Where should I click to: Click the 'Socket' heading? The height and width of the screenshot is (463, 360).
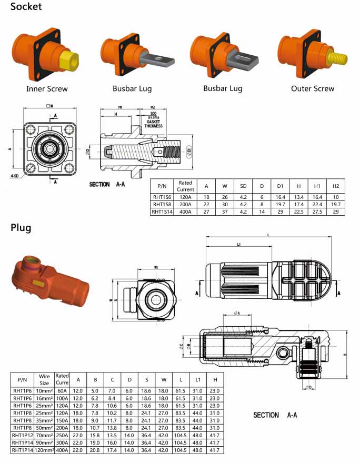pos(26,7)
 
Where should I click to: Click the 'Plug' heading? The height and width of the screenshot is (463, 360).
pos(21,228)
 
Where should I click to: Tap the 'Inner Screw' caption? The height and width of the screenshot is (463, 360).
pos(47,89)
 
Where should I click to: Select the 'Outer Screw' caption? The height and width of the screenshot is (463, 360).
pos(313,89)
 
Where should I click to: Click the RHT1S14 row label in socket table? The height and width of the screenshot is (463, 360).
pos(162,212)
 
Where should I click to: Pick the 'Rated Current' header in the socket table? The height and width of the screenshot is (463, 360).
pos(185,186)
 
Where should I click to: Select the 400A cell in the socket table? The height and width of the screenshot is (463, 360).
pos(185,212)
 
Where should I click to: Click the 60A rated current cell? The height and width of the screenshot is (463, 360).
pos(62,391)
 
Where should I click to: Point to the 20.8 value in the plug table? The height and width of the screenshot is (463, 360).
pos(95,450)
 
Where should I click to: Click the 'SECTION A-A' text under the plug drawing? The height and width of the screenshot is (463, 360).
pos(275,415)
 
